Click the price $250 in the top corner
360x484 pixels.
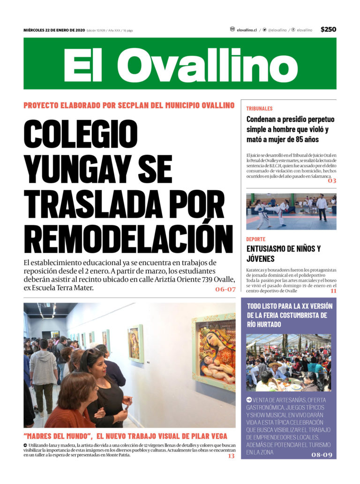pos(328,30)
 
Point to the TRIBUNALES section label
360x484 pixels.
pos(259,108)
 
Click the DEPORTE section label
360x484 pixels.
pos(256,239)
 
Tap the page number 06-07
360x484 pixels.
pos(225,290)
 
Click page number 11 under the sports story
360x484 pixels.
pos(333,291)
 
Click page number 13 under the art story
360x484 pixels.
pos(231,456)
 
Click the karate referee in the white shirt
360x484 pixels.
pos(322,206)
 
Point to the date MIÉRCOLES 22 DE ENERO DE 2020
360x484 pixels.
pos(54,30)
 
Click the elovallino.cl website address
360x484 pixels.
pos(247,30)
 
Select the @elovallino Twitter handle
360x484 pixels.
pos(277,30)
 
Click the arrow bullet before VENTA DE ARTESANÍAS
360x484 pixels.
pos(249,400)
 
